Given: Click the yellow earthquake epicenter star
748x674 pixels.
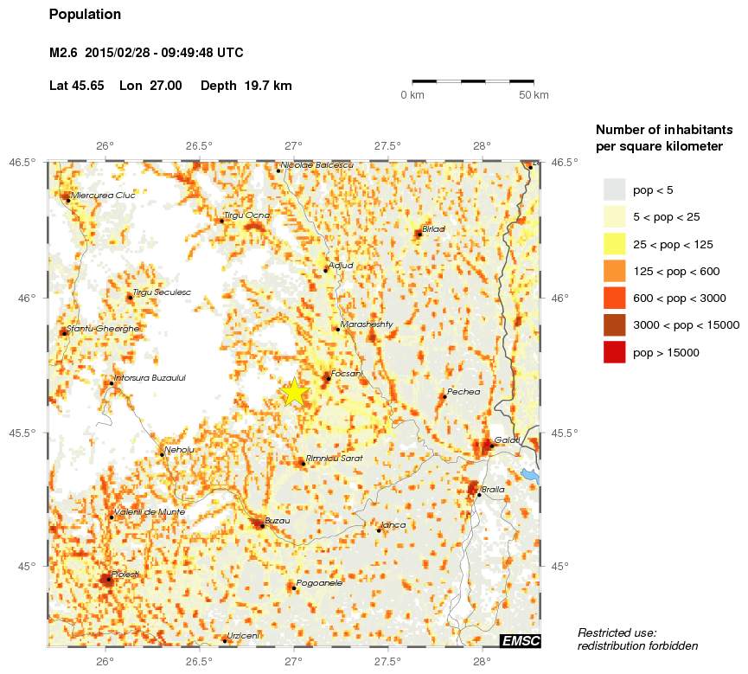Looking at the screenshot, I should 294,392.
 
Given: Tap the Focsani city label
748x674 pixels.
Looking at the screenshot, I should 346,373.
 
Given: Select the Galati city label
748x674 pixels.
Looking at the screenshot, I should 507,440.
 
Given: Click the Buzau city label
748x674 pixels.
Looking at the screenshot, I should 277,520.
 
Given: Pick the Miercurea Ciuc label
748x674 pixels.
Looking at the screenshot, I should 104,195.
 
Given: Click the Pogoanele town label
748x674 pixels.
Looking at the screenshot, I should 319,583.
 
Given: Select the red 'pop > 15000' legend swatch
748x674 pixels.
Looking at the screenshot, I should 614,352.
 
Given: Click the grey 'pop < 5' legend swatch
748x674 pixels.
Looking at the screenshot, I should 614,189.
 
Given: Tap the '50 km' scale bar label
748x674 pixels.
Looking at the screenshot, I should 534,94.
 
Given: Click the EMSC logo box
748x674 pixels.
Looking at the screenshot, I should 521,640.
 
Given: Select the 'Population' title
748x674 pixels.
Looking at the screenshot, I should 85,15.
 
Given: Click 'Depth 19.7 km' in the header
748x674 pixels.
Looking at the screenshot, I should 246,86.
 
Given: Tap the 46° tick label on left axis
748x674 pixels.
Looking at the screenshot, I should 29,298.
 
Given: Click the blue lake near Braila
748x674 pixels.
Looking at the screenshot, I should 530,474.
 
